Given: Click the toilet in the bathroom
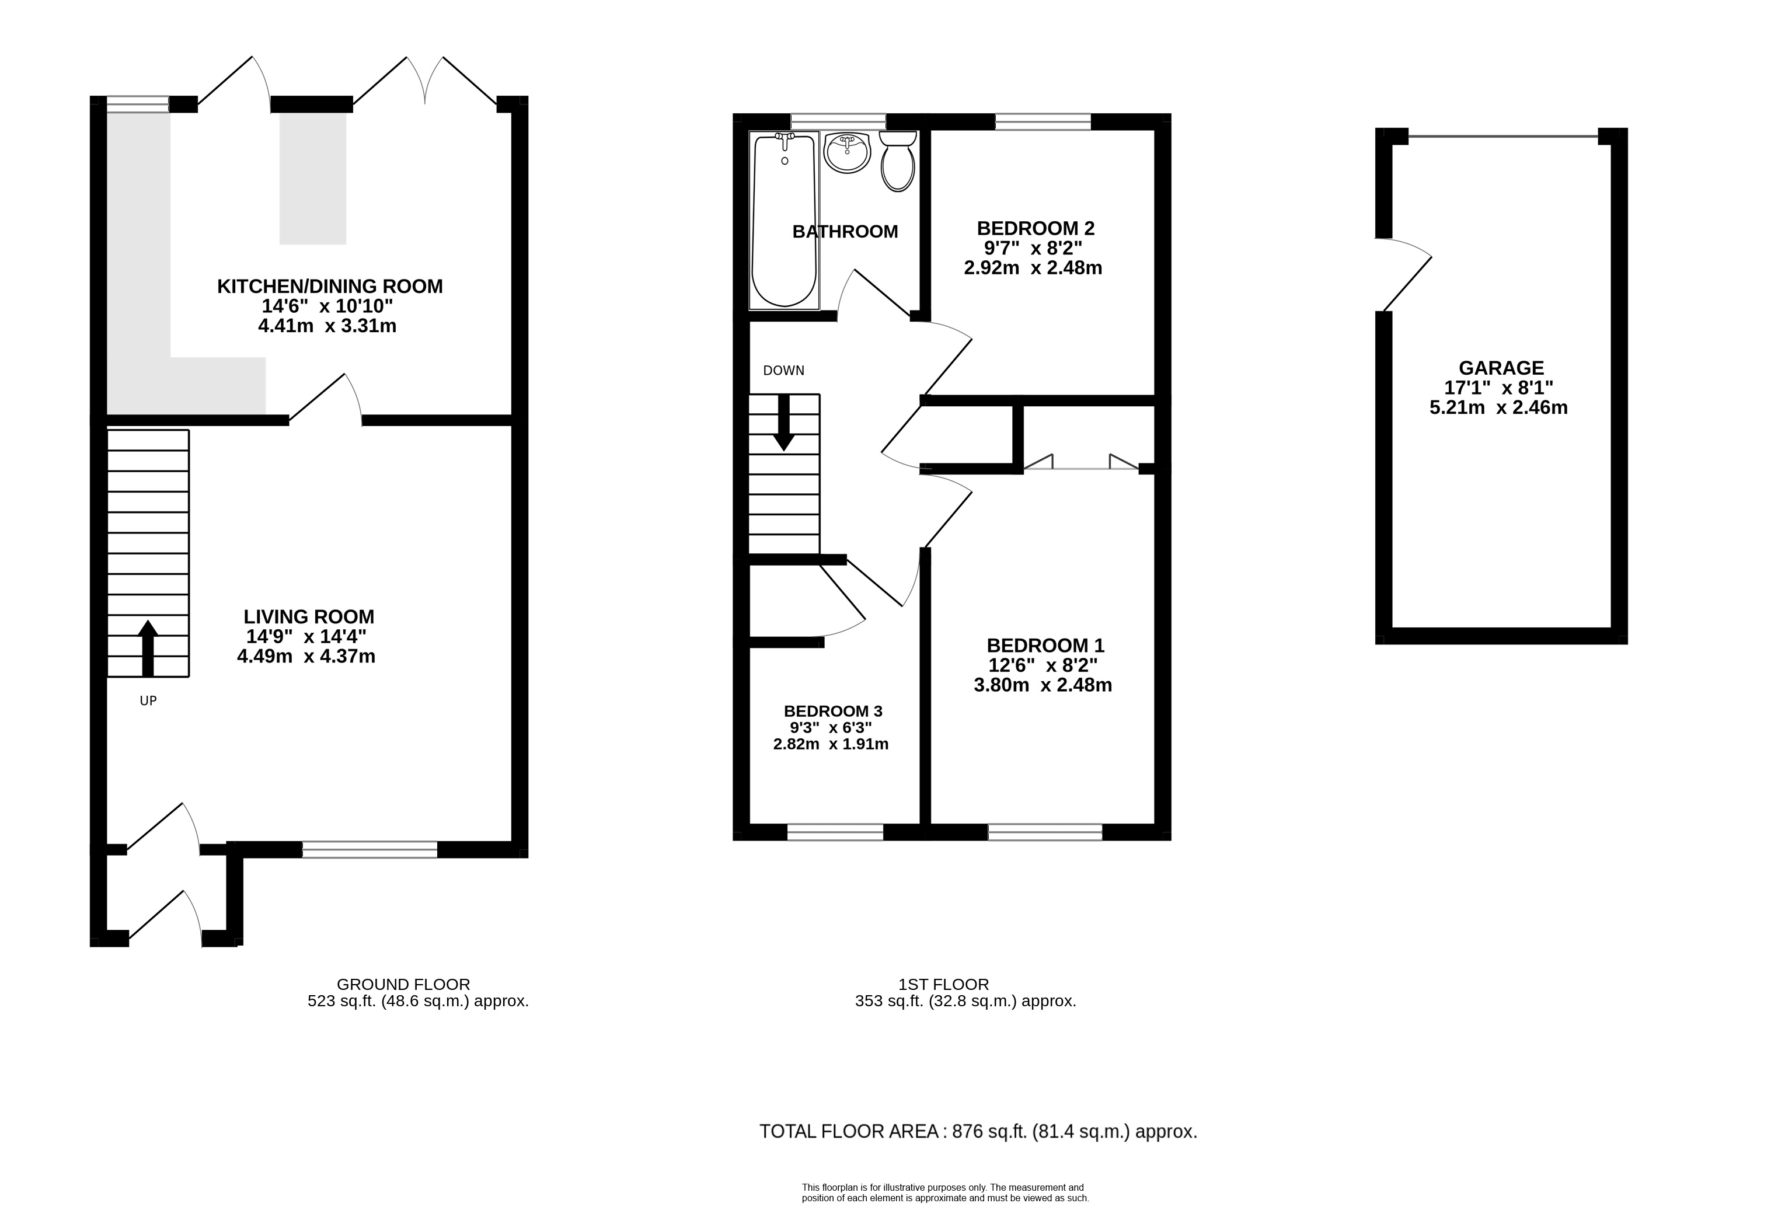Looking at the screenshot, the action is pyautogui.click(x=897, y=161).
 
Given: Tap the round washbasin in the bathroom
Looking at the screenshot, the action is pyautogui.click(x=847, y=152).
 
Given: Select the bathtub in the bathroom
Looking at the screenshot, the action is pyautogui.click(x=784, y=220).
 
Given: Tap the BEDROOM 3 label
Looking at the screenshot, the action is pyautogui.click(x=833, y=711).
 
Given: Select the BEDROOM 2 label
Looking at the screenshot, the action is pyautogui.click(x=1035, y=228).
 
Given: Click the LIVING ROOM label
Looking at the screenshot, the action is pyautogui.click(x=309, y=616).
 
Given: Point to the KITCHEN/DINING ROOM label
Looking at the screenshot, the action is pyautogui.click(x=330, y=286).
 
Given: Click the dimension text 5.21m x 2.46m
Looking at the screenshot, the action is pyautogui.click(x=1499, y=407).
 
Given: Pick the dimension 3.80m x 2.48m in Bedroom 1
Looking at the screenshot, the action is pyautogui.click(x=1043, y=684).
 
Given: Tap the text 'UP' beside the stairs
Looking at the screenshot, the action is pyautogui.click(x=148, y=700).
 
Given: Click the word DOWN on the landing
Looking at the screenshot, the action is pyautogui.click(x=784, y=370).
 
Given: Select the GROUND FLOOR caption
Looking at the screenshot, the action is pyautogui.click(x=403, y=984).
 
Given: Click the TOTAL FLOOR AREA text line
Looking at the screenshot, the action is pyautogui.click(x=978, y=1132).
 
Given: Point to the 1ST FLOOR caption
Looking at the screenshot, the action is pyautogui.click(x=943, y=984).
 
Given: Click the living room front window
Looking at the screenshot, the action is pyautogui.click(x=369, y=849).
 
